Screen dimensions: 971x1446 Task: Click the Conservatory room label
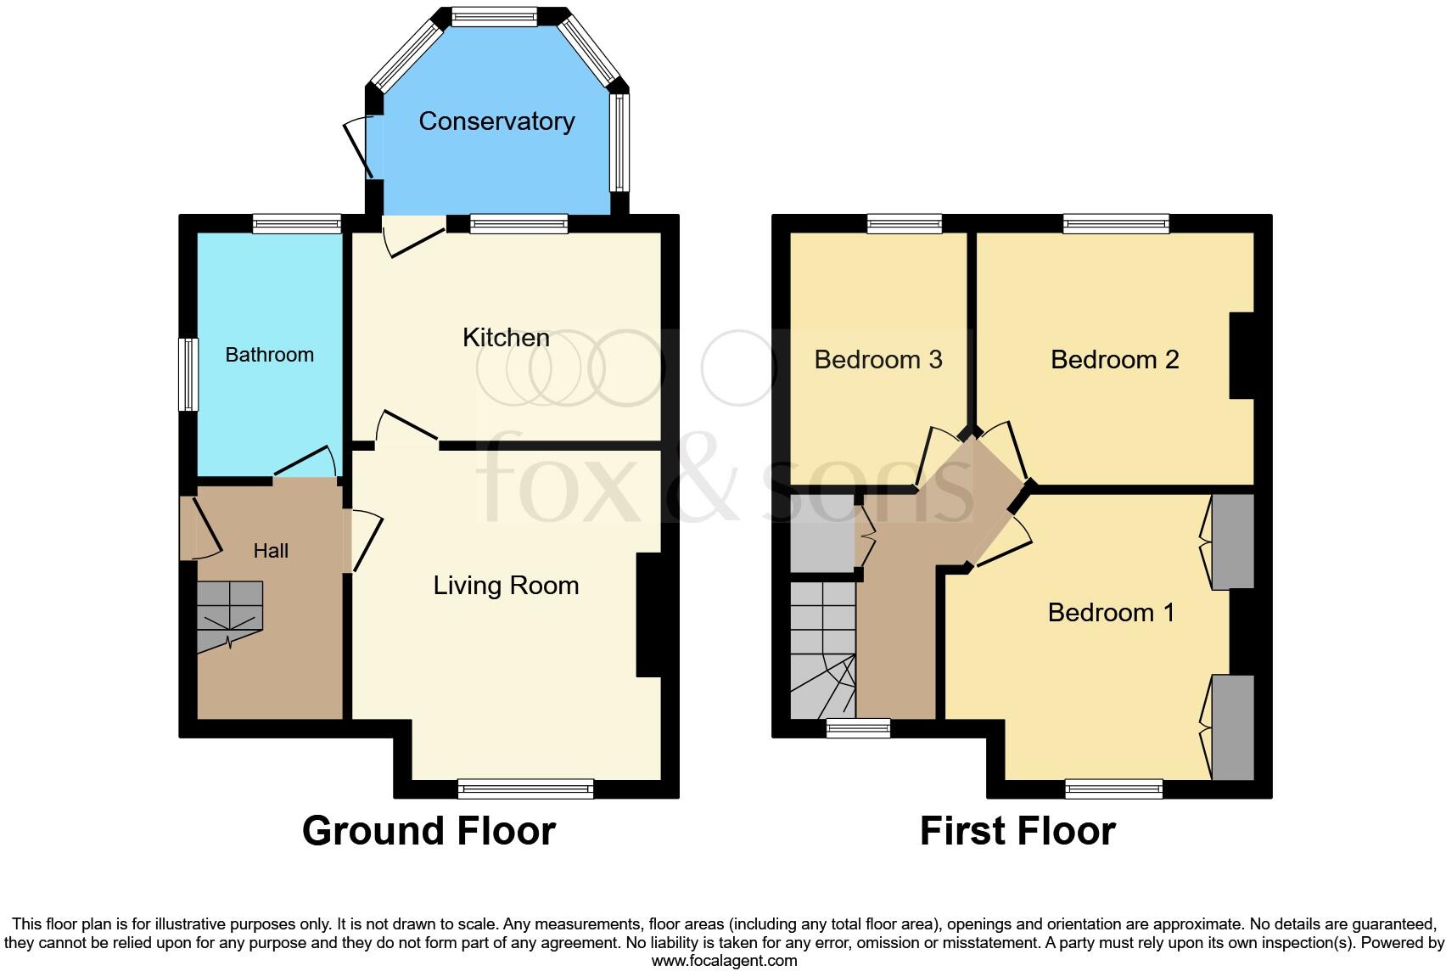pyautogui.click(x=496, y=121)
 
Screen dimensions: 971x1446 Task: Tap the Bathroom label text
pyautogui.click(x=269, y=355)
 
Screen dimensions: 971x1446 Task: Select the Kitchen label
pyautogui.click(x=506, y=338)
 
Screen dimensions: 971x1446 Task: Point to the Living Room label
pyautogui.click(x=506, y=586)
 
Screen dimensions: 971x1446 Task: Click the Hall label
pyautogui.click(x=271, y=551)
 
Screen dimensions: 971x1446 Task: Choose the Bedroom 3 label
pyautogui.click(x=878, y=360)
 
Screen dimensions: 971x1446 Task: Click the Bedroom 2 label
pyautogui.click(x=1114, y=360)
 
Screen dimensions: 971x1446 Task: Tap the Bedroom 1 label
pyautogui.click(x=1111, y=613)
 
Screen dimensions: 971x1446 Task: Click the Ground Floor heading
pyautogui.click(x=429, y=831)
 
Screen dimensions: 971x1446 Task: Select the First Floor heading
pyautogui.click(x=1017, y=831)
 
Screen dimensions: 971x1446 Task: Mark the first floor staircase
pyautogui.click(x=822, y=649)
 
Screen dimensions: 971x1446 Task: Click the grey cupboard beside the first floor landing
pyautogui.click(x=822, y=533)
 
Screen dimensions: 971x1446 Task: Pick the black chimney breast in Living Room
pyautogui.click(x=648, y=615)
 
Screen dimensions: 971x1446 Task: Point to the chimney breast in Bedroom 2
pyautogui.click(x=1241, y=356)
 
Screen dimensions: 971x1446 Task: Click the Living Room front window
pyautogui.click(x=525, y=789)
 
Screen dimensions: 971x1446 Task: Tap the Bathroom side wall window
pyautogui.click(x=188, y=374)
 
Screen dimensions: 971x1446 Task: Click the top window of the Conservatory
pyautogui.click(x=494, y=16)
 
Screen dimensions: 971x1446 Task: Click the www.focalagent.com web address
pyautogui.click(x=724, y=961)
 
